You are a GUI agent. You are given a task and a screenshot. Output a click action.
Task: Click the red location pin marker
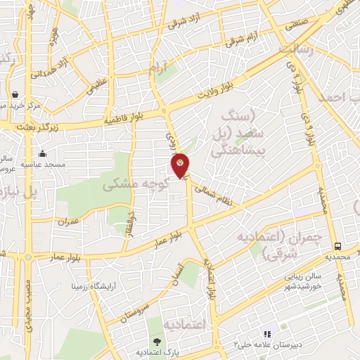click(181, 165)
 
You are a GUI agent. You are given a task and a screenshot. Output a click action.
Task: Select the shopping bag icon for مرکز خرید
click(15, 94)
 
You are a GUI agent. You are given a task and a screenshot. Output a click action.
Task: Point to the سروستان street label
click(137, 304)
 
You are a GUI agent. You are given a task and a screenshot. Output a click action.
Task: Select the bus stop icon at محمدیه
click(338, 246)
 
